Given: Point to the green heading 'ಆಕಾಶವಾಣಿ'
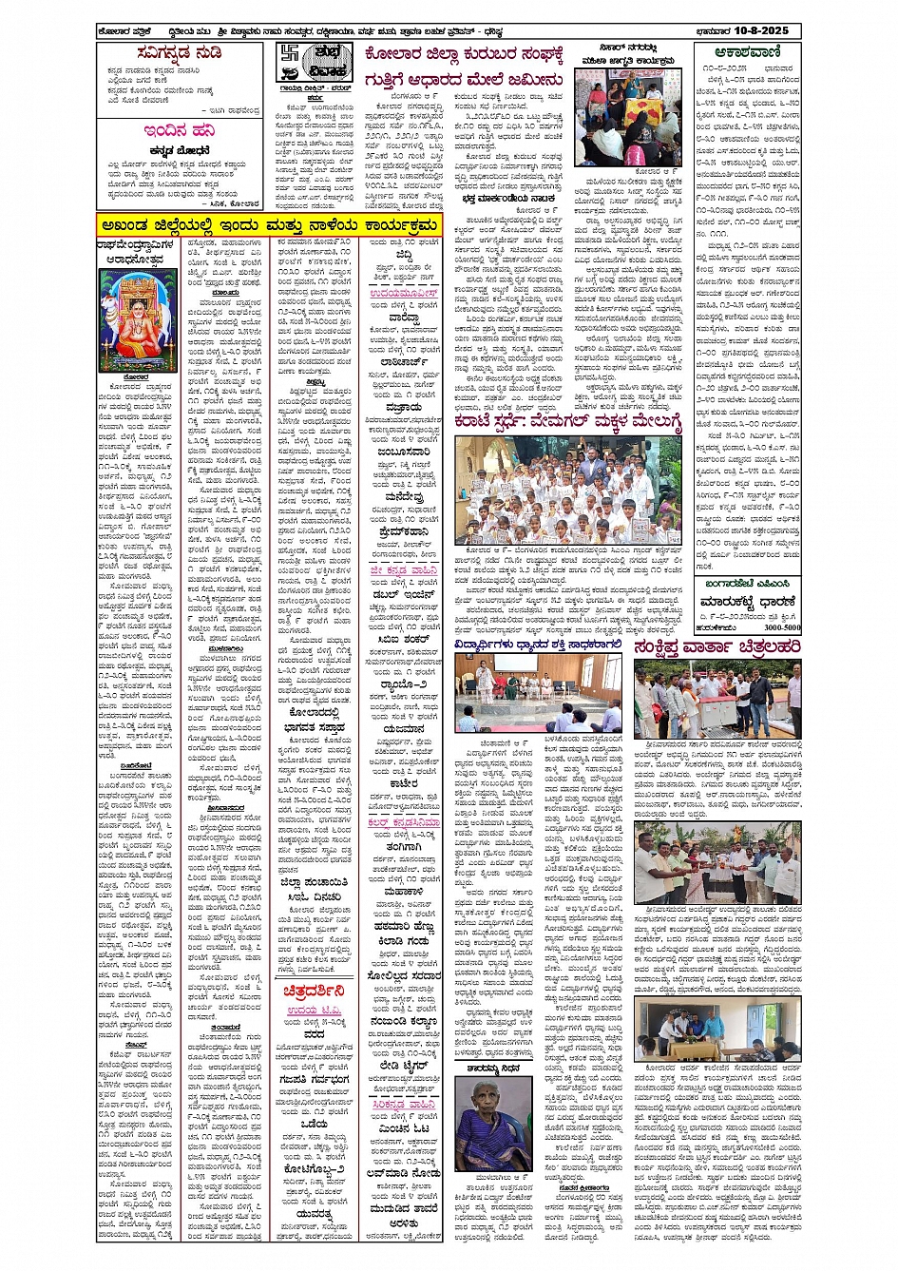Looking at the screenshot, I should [x=748, y=53].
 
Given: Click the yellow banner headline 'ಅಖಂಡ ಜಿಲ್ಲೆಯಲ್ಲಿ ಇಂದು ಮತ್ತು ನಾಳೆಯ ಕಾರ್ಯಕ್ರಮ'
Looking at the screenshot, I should [x=269, y=225].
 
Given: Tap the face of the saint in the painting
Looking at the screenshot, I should [x=139, y=293].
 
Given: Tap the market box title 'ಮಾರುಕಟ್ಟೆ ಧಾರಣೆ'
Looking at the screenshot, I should [x=748, y=602].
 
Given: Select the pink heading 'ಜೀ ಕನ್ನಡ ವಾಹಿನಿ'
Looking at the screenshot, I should [x=404, y=570].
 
